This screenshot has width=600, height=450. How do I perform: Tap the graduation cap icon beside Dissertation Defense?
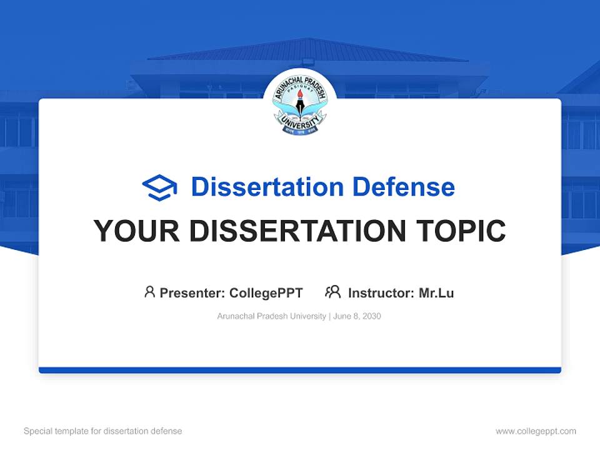[159, 187]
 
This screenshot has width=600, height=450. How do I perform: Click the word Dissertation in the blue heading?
[267, 187]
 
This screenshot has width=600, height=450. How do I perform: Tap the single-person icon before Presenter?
[149, 292]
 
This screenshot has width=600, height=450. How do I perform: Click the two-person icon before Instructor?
[333, 292]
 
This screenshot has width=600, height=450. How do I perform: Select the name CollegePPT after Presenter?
[266, 293]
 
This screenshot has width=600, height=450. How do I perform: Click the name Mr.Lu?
[436, 293]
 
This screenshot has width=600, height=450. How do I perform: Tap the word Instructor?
[381, 293]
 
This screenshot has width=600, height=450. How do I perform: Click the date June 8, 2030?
[357, 316]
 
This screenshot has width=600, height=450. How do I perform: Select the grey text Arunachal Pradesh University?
[271, 316]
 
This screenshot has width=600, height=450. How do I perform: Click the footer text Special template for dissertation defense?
[103, 431]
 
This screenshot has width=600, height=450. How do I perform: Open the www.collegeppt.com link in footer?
[536, 431]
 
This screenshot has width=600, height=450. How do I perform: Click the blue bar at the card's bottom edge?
[300, 370]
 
